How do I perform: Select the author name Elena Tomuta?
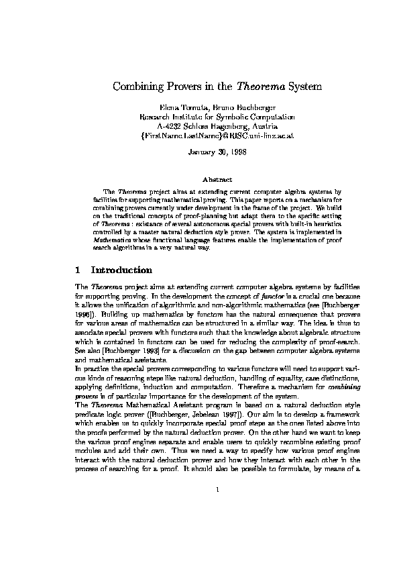tap(180, 107)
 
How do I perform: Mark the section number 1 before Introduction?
tap(78, 270)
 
